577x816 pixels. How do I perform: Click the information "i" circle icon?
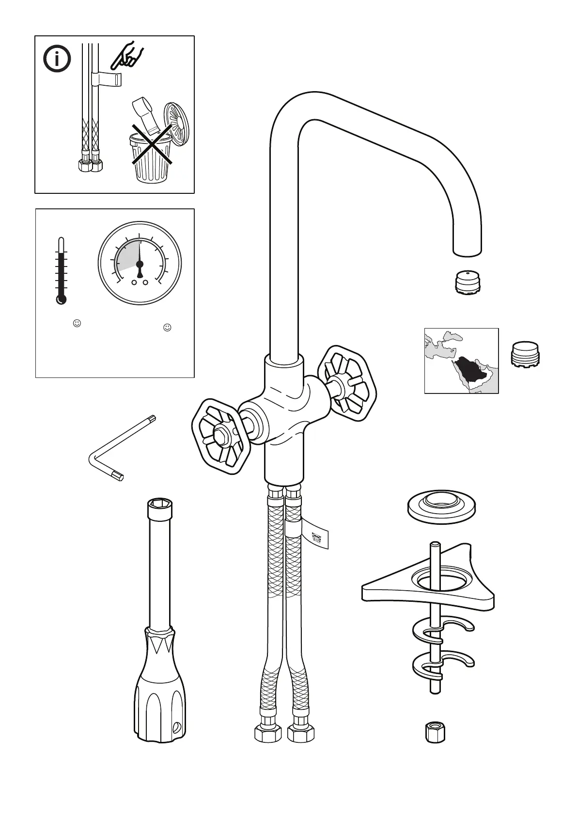click(x=57, y=59)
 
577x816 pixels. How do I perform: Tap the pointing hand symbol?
click(x=126, y=56)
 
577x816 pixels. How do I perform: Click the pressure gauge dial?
click(x=140, y=263)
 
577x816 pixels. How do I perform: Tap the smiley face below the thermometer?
click(x=77, y=323)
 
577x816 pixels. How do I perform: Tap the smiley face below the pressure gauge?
click(x=167, y=328)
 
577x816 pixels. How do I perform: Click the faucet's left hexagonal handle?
click(x=221, y=435)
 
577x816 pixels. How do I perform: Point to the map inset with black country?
click(x=461, y=361)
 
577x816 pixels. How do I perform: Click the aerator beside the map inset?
click(x=525, y=353)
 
